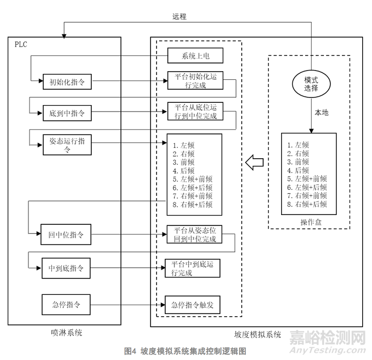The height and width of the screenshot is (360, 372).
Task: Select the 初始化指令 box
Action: coord(67,83)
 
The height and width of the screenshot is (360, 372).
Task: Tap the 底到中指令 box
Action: coord(67,114)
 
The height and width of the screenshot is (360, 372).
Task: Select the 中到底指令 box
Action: coord(67,269)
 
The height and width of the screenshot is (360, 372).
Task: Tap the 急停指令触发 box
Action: coord(193,305)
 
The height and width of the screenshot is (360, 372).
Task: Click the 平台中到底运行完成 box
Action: coord(193,268)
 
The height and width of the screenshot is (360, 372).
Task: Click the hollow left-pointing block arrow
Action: coord(254,162)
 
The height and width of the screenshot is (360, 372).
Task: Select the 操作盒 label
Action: coord(309,222)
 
